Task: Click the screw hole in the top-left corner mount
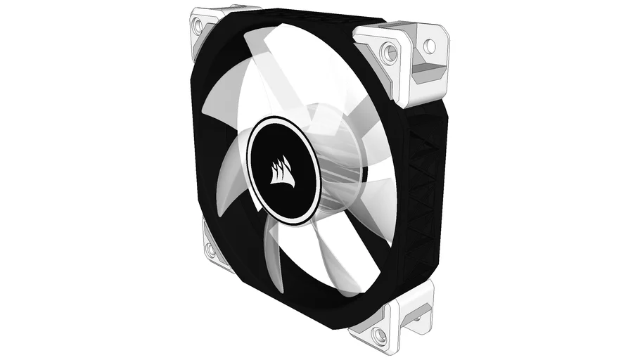click(x=198, y=26)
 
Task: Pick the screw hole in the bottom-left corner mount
click(x=209, y=247)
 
